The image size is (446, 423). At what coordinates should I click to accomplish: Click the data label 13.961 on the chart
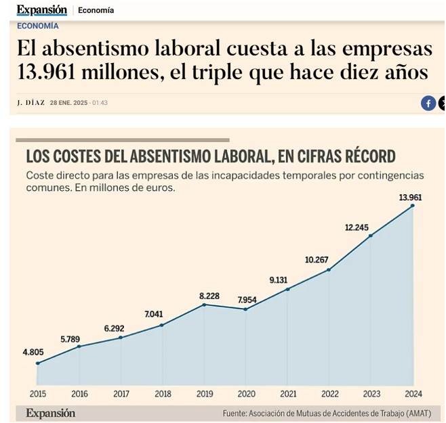coord(411,198)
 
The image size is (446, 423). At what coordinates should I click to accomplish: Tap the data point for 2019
coord(204,305)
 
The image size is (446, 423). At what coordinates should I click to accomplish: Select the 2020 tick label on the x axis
coord(245,394)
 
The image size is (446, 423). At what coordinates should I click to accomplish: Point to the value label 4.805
coord(34,352)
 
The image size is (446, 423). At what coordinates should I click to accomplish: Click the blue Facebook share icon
coord(428,103)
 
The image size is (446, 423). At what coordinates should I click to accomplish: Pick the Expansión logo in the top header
coord(41,9)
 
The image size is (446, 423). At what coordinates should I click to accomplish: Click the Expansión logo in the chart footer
coord(51,413)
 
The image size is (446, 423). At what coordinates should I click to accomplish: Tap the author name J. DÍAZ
coord(31,103)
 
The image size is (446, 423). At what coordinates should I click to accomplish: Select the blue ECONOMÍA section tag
coord(37,26)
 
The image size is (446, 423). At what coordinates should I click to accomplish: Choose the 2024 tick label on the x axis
coord(412,394)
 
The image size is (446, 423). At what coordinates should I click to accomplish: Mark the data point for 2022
coord(329,270)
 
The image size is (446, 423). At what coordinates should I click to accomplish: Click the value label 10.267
coord(317,260)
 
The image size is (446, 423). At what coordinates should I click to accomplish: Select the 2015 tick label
coord(37,394)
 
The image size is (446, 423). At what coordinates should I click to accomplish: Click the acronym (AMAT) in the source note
coord(425,414)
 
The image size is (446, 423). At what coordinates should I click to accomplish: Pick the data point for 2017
coord(121,337)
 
